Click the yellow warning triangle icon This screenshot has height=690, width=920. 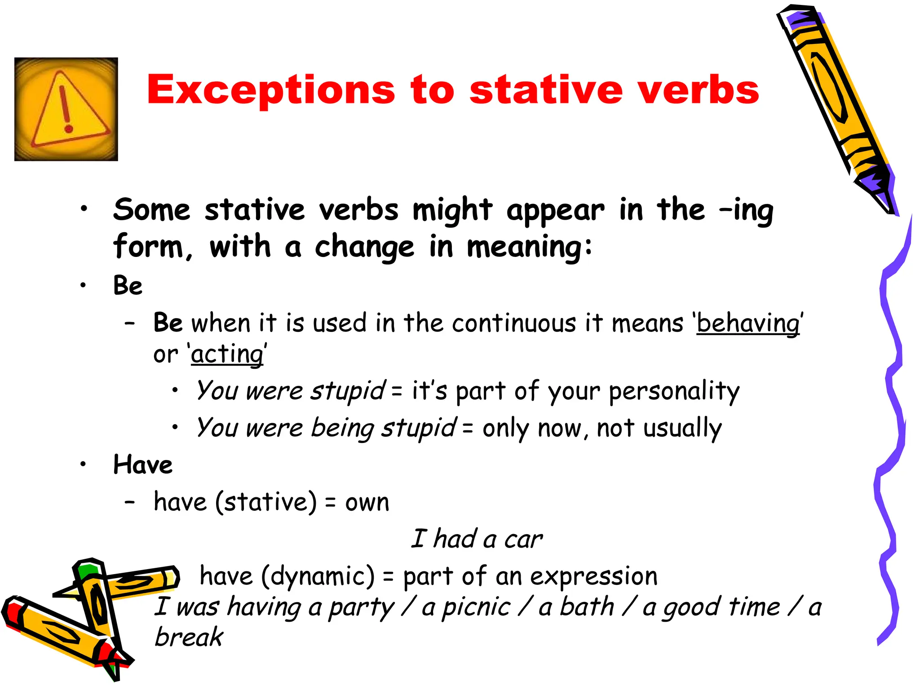pos(66,109)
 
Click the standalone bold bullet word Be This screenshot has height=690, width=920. pos(128,286)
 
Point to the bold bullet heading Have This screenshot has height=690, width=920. pos(143,464)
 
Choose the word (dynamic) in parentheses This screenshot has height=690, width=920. pos(318,576)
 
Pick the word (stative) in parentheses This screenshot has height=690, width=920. pos(266,502)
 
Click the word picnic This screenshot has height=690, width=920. pos(476,608)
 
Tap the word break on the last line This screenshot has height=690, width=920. pos(189,637)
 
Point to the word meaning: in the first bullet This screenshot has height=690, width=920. pos(530,248)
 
